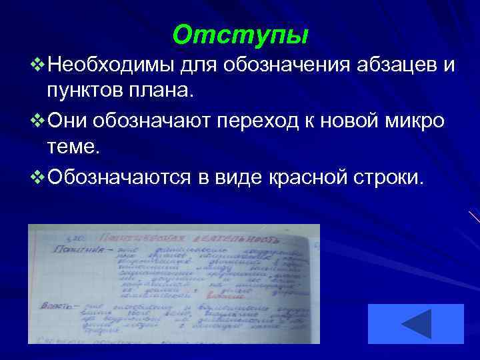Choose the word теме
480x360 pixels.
(73, 145)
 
